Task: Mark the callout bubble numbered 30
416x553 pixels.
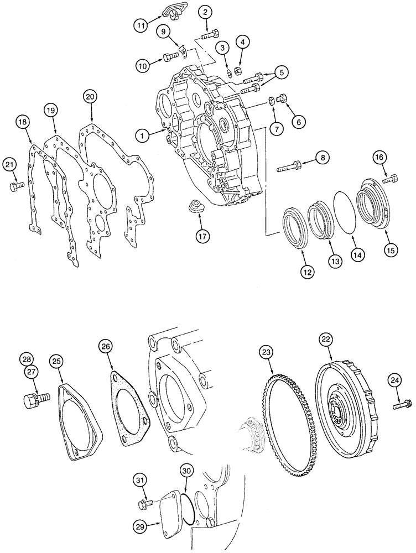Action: point(186,472)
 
